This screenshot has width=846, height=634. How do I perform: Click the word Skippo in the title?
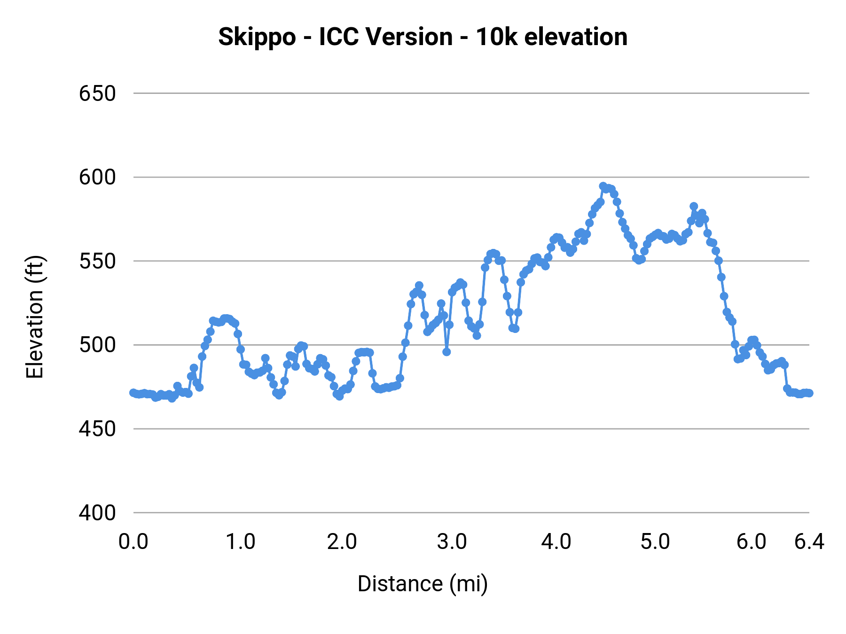click(x=257, y=37)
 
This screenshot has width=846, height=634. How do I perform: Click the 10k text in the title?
click(x=495, y=37)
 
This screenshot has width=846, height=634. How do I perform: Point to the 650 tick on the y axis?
click(x=97, y=94)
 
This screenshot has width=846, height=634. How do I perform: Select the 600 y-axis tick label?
click(x=97, y=178)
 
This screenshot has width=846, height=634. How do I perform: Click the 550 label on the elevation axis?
click(x=97, y=262)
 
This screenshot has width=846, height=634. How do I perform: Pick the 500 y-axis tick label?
click(x=97, y=345)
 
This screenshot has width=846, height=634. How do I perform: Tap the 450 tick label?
click(x=97, y=429)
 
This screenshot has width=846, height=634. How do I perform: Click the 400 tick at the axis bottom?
click(x=97, y=513)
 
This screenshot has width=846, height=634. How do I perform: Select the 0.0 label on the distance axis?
click(x=133, y=542)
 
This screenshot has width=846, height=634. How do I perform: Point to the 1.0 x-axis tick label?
click(x=241, y=542)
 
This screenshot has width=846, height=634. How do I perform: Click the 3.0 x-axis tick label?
click(x=452, y=542)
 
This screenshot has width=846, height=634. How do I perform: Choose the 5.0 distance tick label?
click(x=655, y=542)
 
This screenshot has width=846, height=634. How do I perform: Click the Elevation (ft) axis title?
click(x=35, y=317)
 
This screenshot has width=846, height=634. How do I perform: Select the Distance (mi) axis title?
click(x=423, y=584)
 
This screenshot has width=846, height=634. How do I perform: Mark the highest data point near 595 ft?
click(x=603, y=186)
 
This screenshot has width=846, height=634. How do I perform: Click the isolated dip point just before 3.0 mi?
click(x=446, y=352)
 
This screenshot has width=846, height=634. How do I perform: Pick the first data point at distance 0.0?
click(x=133, y=393)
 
